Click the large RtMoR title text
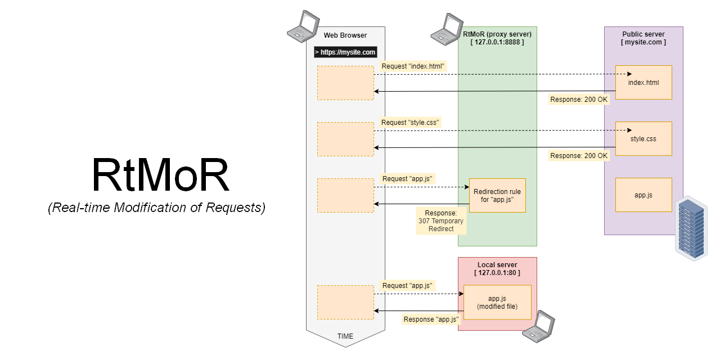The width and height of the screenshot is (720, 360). tap(161, 175)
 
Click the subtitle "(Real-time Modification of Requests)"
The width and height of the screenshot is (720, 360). tap(156, 208)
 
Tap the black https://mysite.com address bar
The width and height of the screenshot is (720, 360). tap(345, 52)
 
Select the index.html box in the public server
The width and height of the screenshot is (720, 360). tap(643, 83)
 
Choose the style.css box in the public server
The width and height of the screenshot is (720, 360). tap(643, 139)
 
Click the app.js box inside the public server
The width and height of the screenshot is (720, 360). tap(643, 195)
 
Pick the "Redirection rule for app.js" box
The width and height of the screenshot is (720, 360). tap(497, 196)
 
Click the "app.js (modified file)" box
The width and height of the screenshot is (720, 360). tap(497, 302)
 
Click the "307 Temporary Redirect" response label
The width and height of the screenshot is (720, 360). tap(441, 221)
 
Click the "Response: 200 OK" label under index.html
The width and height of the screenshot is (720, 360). tap(579, 100)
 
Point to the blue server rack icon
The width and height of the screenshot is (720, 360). tap(692, 228)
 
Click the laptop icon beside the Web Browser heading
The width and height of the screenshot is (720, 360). tap(302, 26)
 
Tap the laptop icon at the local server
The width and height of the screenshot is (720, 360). tap(538, 326)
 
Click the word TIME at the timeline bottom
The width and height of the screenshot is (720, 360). tap(345, 336)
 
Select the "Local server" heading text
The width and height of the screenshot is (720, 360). tap(497, 265)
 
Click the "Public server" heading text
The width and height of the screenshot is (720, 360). tap(643, 34)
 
